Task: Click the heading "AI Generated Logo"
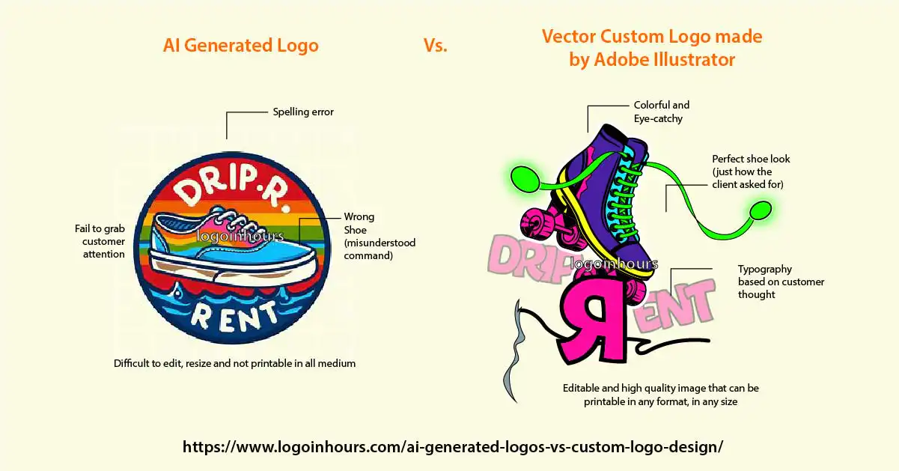241,46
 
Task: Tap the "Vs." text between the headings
436,45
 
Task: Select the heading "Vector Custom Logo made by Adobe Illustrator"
652,48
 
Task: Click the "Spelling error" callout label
303,112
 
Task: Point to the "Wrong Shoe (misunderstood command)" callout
380,236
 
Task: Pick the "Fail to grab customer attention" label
100,241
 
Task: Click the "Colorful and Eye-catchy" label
662,112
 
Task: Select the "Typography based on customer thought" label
781,282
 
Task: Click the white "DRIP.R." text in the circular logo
233,189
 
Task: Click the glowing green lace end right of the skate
761,210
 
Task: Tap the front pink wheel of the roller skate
534,224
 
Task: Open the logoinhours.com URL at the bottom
453,446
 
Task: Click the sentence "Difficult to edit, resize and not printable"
235,363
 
